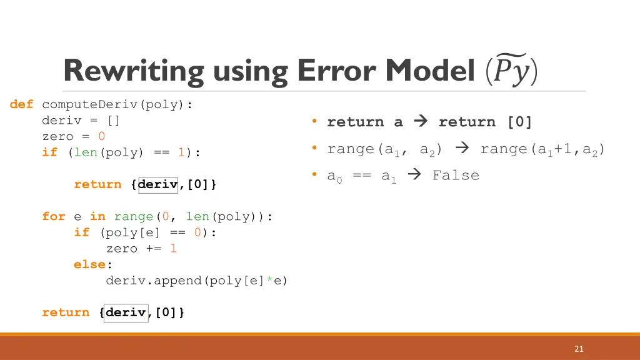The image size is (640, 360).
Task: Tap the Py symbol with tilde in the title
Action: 511,71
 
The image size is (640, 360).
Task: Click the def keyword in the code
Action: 22,104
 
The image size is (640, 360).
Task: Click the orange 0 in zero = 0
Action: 102,136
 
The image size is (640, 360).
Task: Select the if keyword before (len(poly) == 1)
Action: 49,152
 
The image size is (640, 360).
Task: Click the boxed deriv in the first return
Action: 158,184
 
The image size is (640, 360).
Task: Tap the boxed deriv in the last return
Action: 126,312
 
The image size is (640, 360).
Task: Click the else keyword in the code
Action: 89,264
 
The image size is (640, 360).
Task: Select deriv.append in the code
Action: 154,281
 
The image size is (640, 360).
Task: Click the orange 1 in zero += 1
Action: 173,248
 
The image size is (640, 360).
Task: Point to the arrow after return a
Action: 421,122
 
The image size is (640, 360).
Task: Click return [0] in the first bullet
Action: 485,122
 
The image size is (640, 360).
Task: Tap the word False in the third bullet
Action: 456,176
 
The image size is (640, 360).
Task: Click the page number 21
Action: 579,349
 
